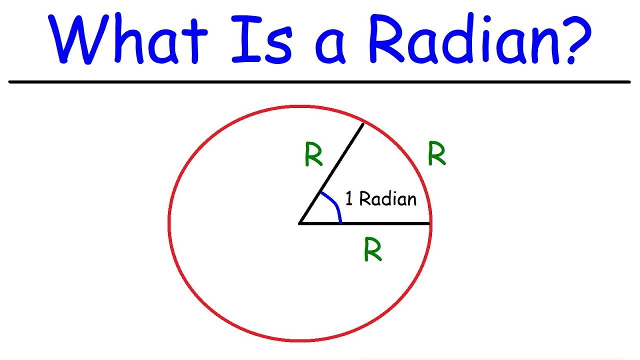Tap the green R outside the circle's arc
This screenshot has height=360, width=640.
[x=436, y=155]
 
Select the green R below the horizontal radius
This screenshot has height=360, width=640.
[x=373, y=250]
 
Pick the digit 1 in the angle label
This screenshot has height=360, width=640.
[x=349, y=199]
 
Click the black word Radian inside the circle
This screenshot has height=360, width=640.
[x=387, y=199]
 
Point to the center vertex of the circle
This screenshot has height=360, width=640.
[x=299, y=223]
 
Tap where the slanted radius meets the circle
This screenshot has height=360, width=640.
[x=363, y=122]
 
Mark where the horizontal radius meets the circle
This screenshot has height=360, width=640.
[x=430, y=223]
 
